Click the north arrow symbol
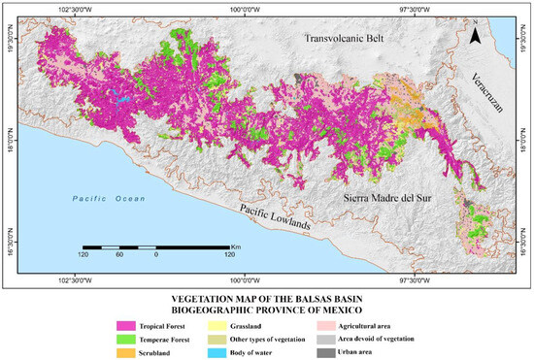tap(476, 36)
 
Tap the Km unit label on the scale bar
tap(235, 246)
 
